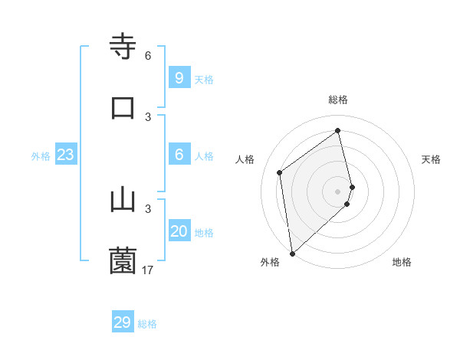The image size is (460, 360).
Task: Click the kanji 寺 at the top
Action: click(x=123, y=46)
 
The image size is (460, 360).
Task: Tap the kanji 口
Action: click(x=123, y=107)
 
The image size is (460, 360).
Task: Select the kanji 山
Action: click(x=123, y=199)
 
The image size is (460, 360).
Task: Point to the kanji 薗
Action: click(x=123, y=260)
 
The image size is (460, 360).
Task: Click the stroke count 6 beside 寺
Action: click(x=148, y=56)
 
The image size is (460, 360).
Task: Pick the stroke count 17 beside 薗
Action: click(x=148, y=270)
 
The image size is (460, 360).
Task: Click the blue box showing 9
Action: click(x=179, y=77)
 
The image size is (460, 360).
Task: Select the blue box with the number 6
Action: click(x=179, y=155)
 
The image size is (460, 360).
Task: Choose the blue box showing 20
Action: click(x=179, y=231)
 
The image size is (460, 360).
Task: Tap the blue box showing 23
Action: click(x=65, y=155)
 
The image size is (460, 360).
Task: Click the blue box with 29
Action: click(x=123, y=322)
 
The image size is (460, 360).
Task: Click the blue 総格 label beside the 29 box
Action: click(x=147, y=324)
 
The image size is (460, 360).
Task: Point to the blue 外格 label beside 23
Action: click(x=41, y=156)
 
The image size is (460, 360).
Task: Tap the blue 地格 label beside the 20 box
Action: click(x=204, y=233)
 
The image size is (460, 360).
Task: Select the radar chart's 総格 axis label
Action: click(x=338, y=100)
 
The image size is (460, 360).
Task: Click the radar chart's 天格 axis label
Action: click(x=432, y=159)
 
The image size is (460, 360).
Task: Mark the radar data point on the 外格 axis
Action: click(x=292, y=253)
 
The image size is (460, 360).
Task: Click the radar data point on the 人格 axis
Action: click(x=280, y=172)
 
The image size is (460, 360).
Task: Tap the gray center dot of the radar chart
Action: click(x=338, y=191)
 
